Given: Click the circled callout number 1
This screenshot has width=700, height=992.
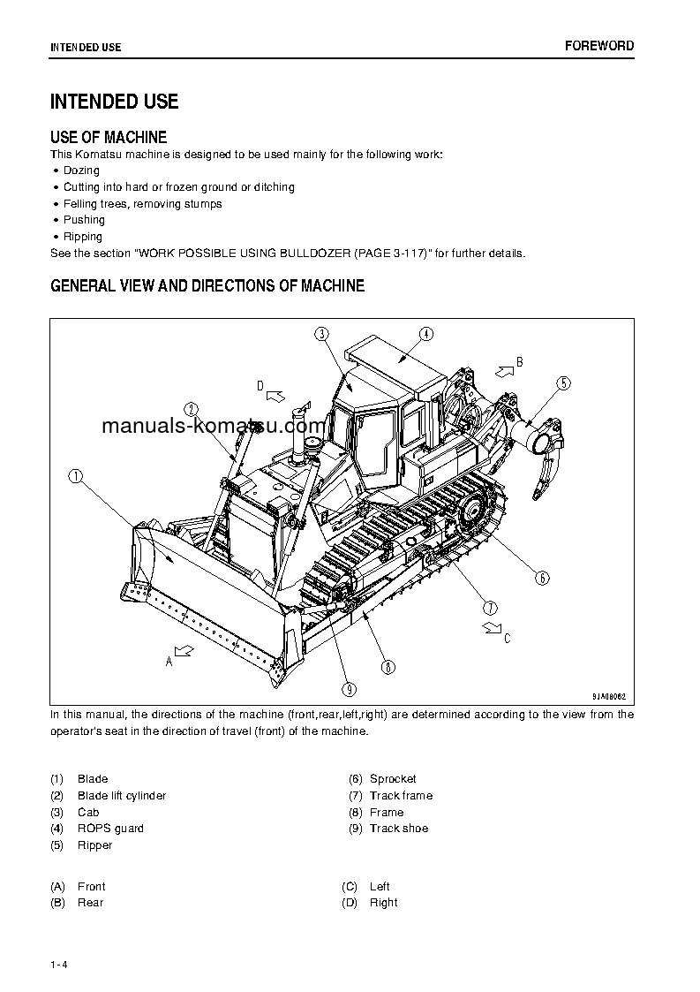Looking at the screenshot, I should click(76, 476).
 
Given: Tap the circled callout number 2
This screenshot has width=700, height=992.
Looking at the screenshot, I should click(191, 408).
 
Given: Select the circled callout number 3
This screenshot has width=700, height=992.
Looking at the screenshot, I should click(321, 333).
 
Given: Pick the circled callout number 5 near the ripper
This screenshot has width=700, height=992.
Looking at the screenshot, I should click(563, 382).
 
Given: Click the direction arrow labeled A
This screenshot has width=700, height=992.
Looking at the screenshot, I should click(184, 651).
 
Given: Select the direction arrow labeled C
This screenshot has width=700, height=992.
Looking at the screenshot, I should click(489, 627).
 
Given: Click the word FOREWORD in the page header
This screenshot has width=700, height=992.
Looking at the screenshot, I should click(599, 46).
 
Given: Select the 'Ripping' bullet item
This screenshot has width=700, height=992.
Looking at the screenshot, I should click(83, 237).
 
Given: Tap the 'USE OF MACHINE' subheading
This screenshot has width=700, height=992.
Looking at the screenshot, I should click(109, 137).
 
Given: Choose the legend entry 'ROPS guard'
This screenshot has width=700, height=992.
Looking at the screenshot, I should click(110, 829).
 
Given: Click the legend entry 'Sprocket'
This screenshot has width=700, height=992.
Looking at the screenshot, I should click(393, 779).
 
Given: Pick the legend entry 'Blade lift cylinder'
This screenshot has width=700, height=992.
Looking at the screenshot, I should click(122, 796).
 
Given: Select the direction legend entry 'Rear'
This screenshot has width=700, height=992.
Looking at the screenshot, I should click(91, 903).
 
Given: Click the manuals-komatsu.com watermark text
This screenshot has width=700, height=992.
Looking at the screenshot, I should click(215, 428).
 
